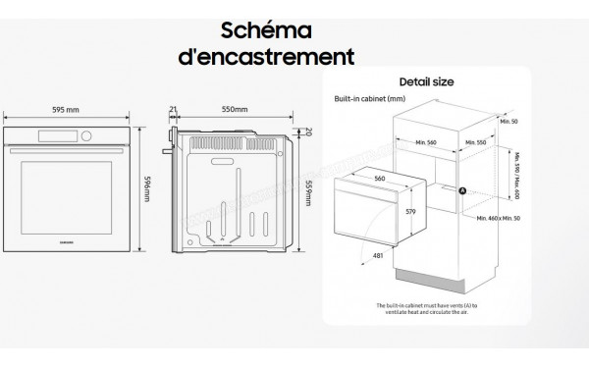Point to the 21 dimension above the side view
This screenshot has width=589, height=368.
click(173, 110)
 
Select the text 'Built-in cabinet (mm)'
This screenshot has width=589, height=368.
click(370, 100)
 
